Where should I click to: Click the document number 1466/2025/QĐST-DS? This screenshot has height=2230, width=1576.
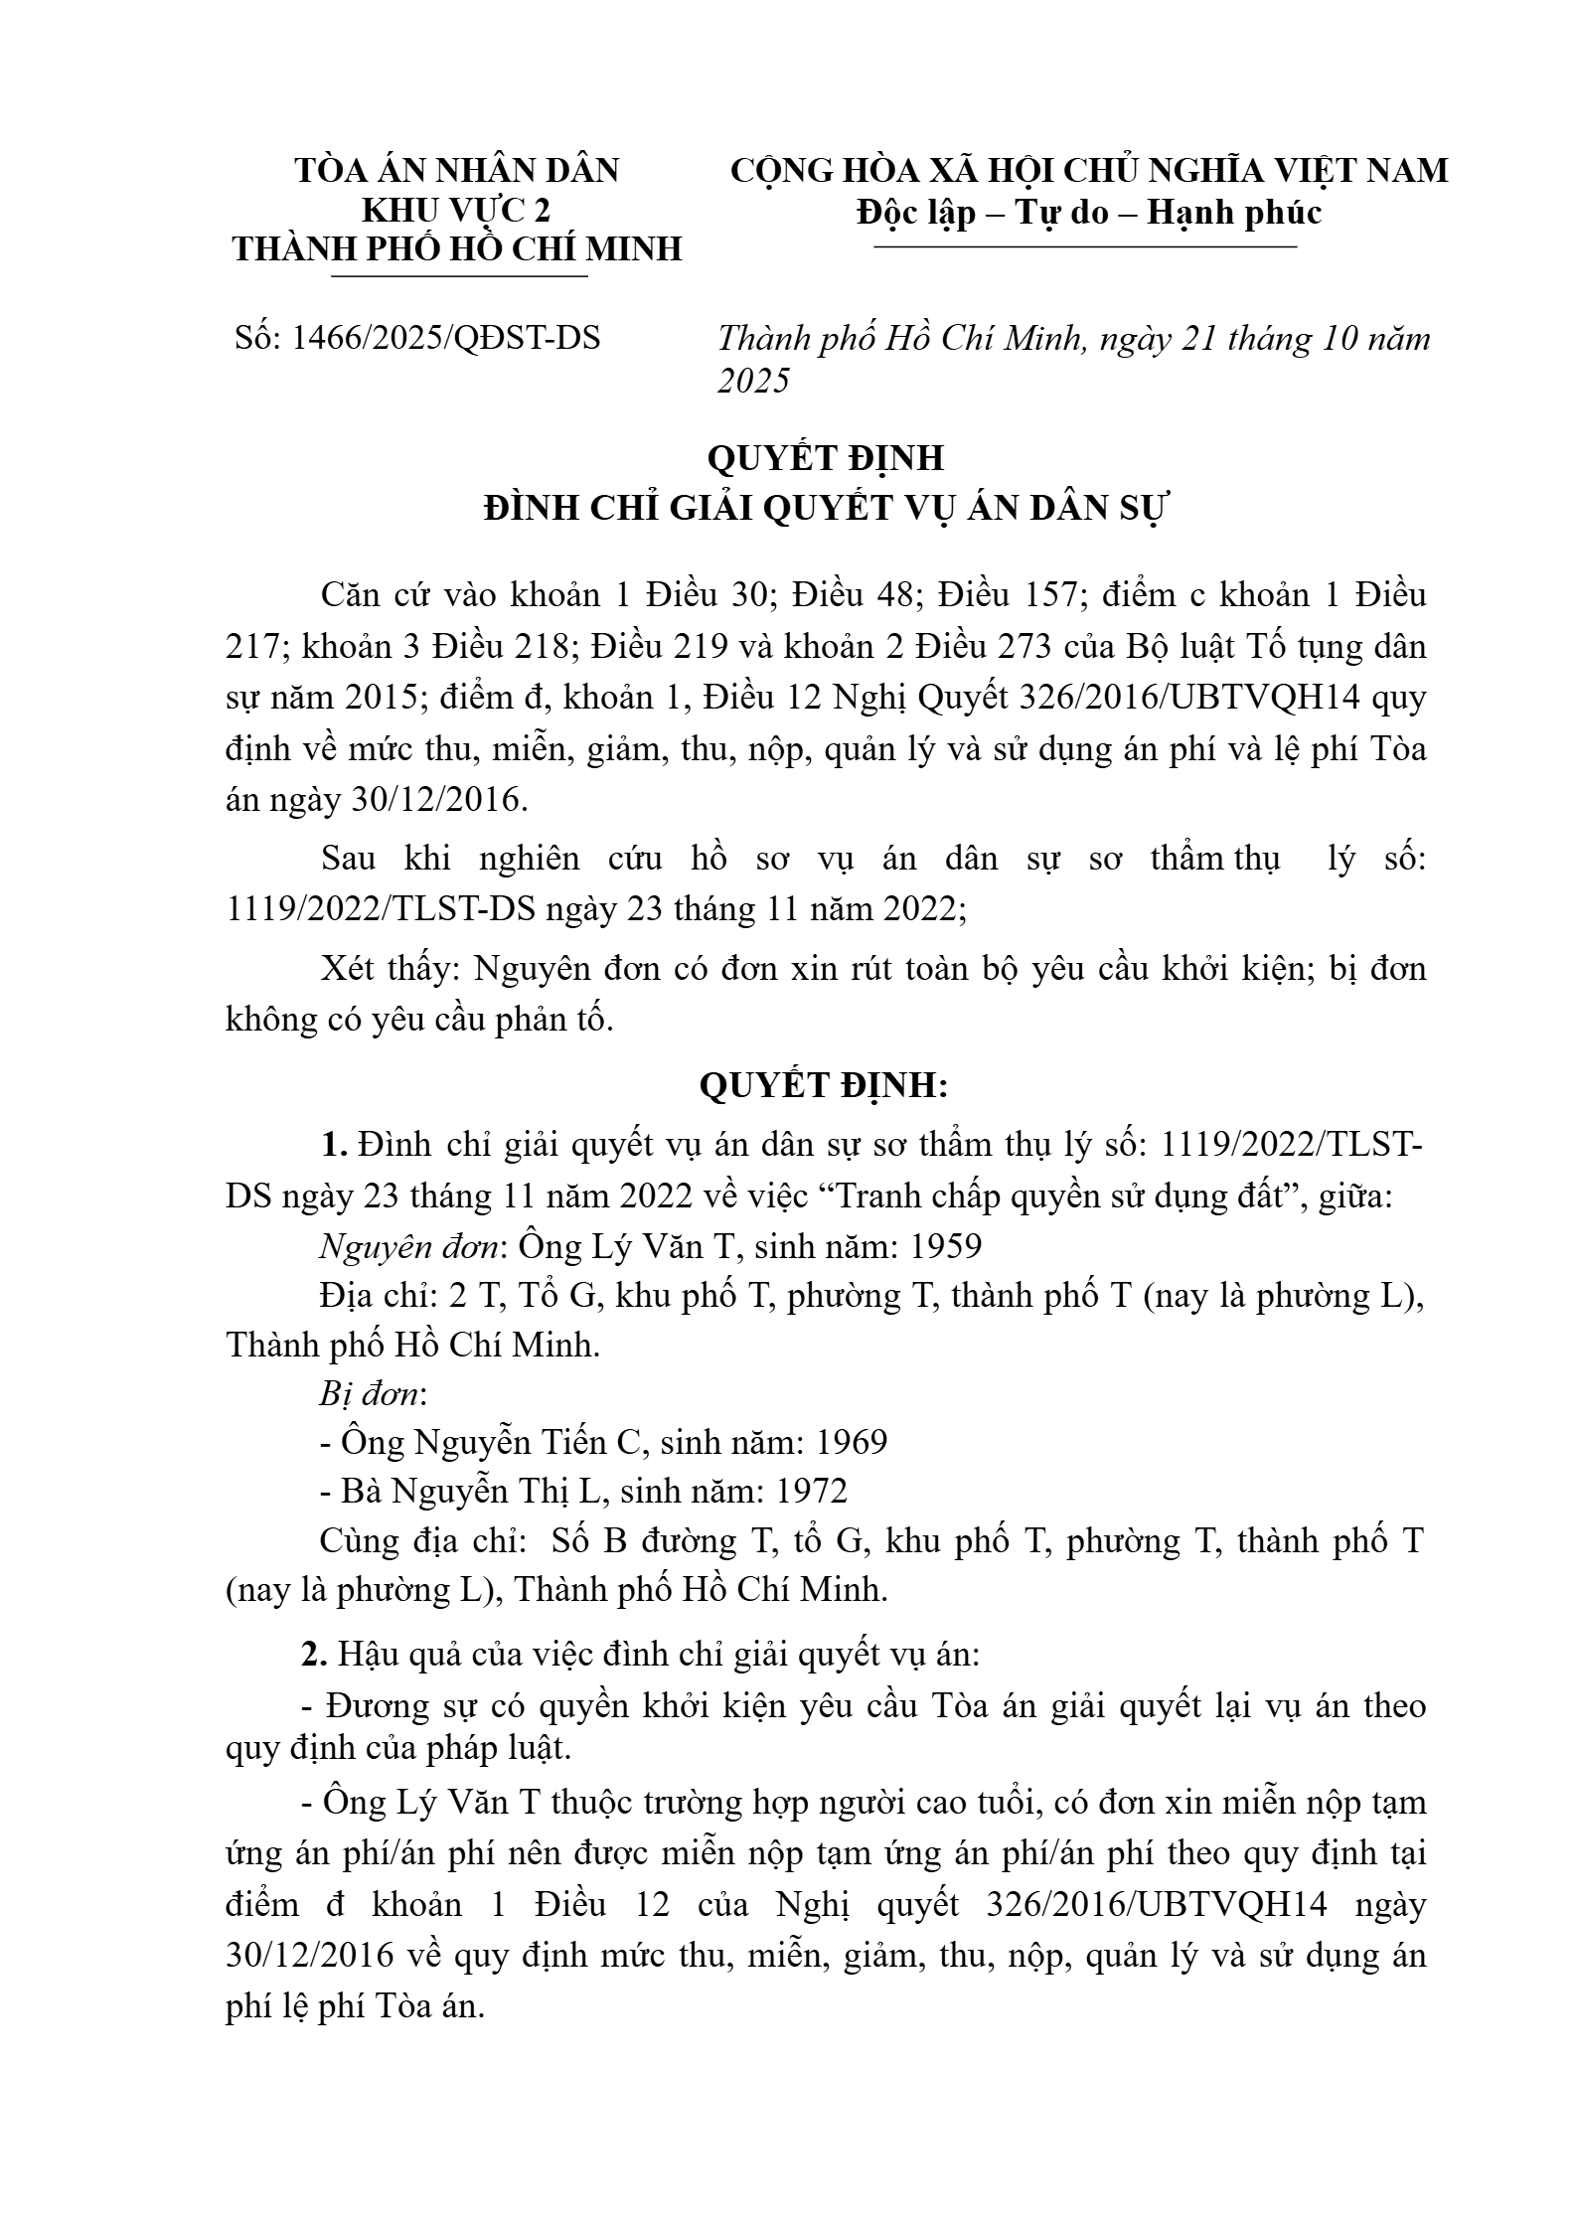[445, 339]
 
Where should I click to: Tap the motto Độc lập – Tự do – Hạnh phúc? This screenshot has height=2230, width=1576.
[1089, 212]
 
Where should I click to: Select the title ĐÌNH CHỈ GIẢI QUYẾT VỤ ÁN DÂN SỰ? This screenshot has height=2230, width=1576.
[824, 509]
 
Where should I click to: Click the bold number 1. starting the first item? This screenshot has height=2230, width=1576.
[333, 1145]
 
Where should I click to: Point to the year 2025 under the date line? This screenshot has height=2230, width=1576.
[753, 381]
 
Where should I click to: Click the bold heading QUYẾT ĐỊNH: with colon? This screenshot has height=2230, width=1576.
[824, 1086]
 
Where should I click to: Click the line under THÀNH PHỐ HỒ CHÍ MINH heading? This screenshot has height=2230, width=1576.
[458, 275]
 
